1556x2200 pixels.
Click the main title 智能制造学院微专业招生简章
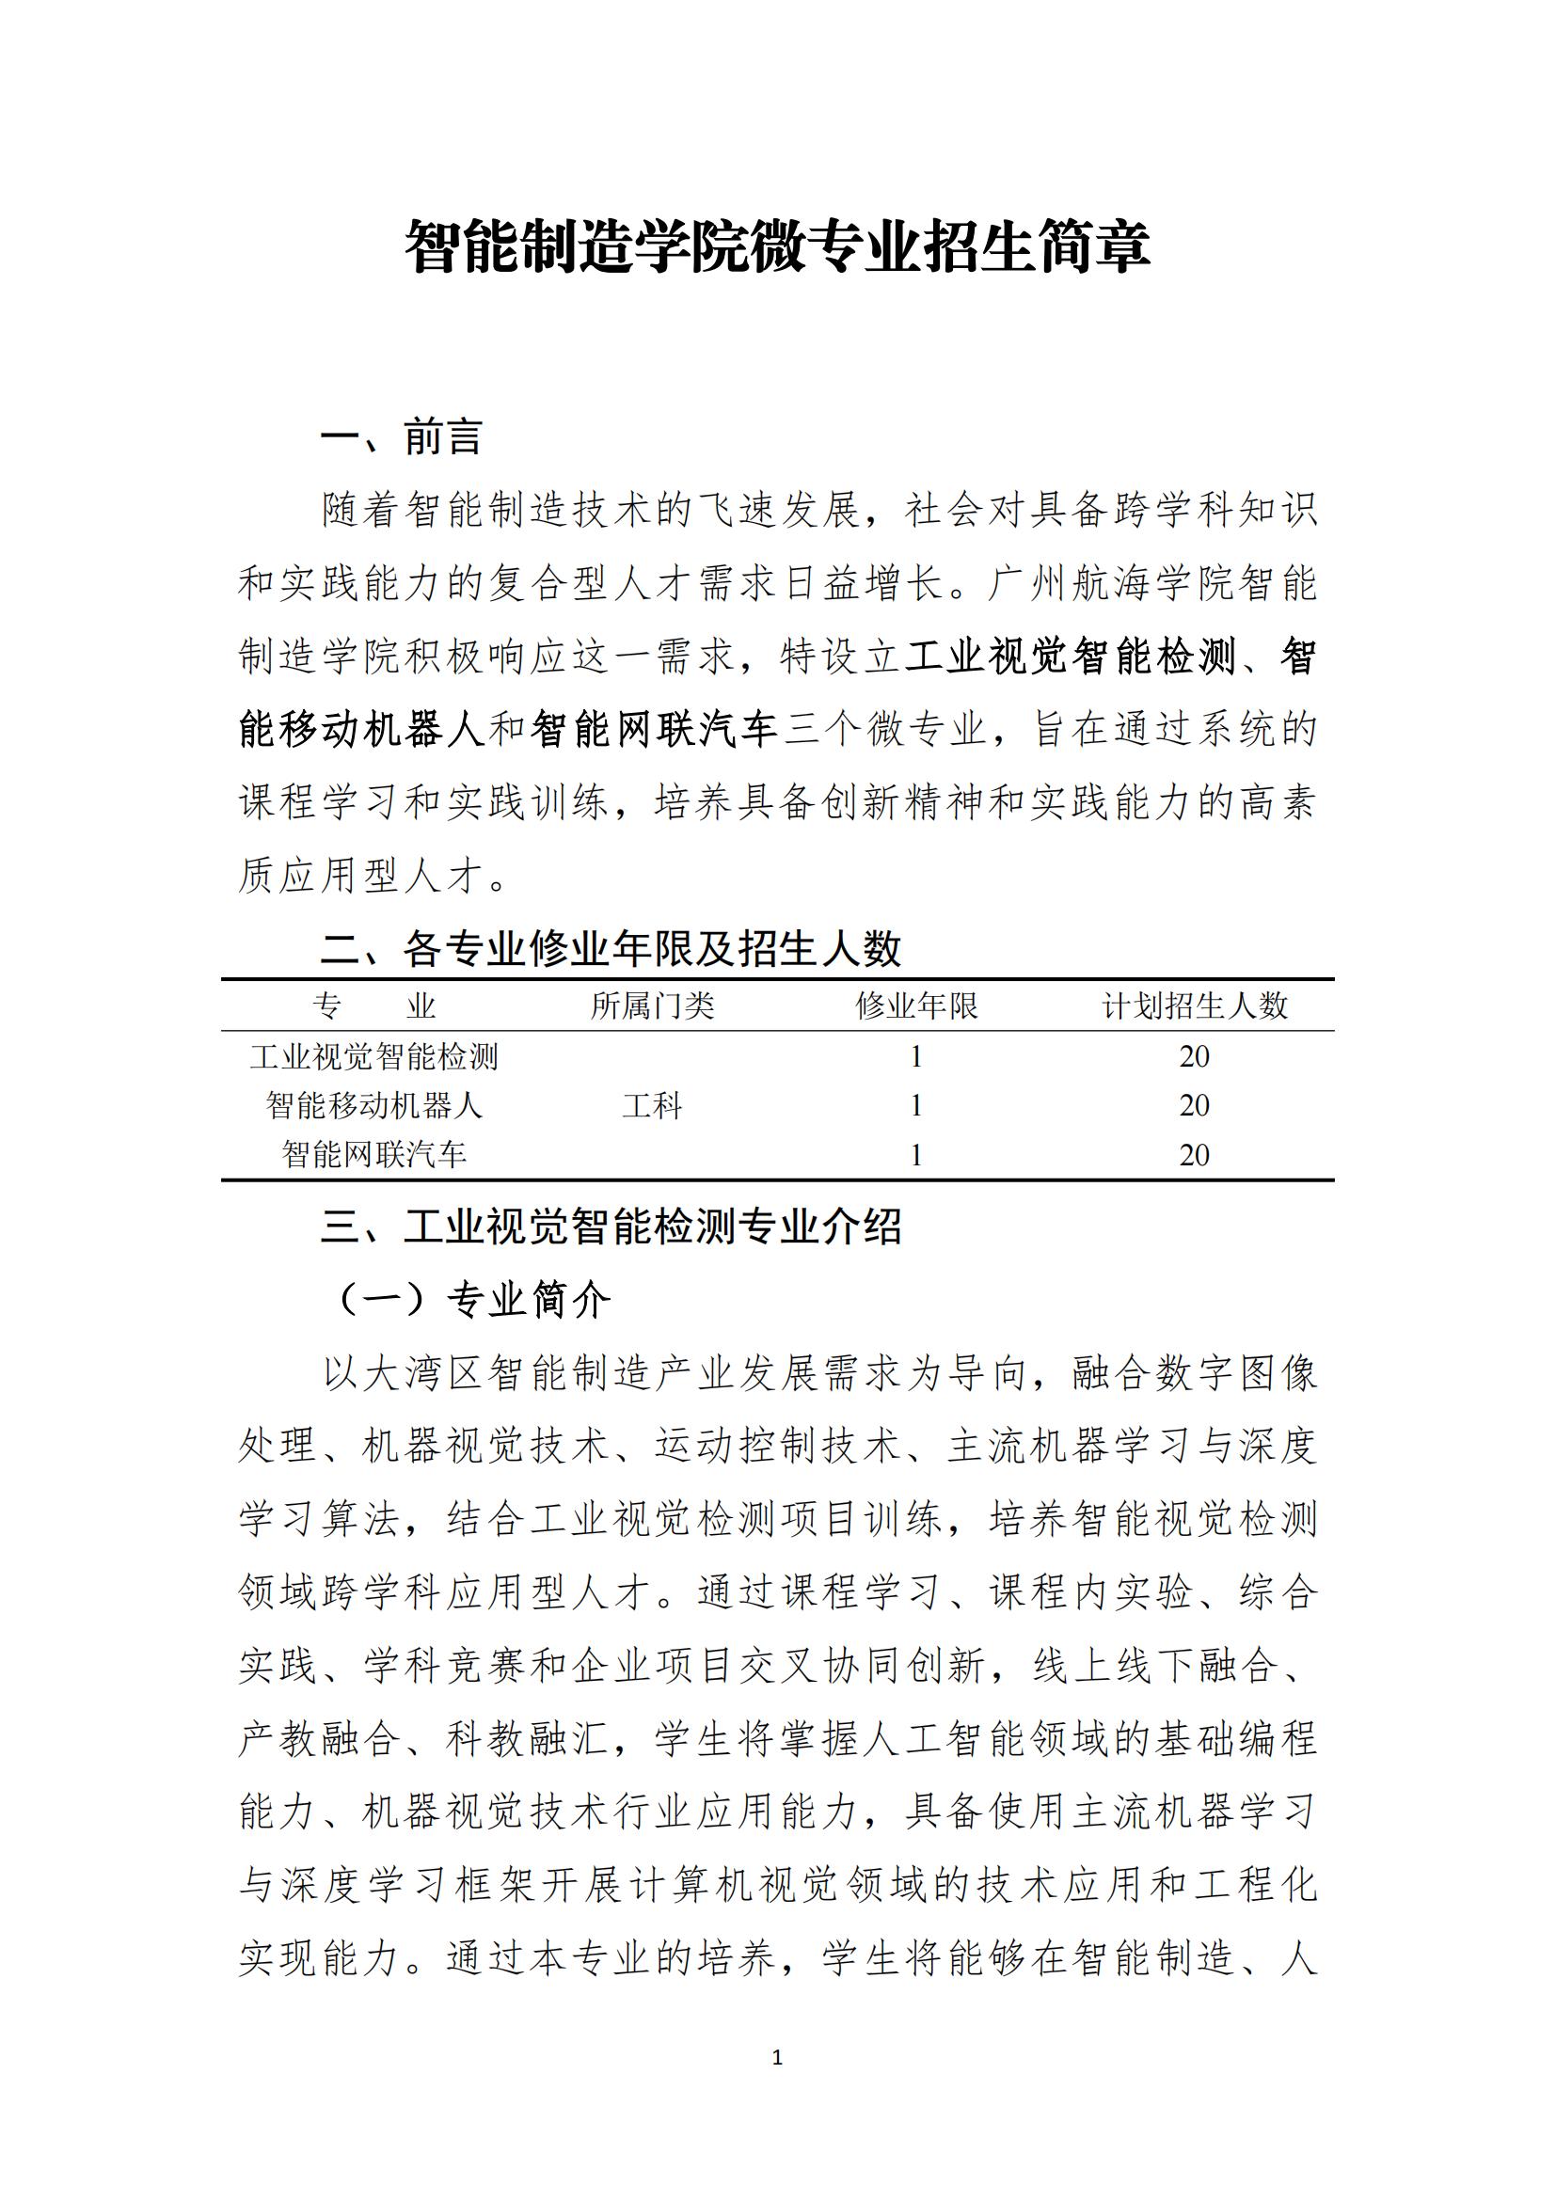[x=777, y=246]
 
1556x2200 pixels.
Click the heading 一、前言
[x=401, y=437]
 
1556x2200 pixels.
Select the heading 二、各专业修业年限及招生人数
[x=611, y=949]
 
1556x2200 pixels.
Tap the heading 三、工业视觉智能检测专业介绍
[x=611, y=1227]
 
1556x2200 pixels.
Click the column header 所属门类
[x=653, y=1005]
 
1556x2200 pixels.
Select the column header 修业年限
[x=916, y=1005]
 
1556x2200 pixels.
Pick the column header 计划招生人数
[x=1194, y=1005]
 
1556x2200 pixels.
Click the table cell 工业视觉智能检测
[x=373, y=1057]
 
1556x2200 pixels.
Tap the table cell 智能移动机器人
[x=373, y=1106]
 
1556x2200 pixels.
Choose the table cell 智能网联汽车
[x=373, y=1155]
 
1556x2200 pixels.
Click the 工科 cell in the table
[x=653, y=1106]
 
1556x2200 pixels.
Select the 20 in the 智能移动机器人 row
[x=1194, y=1106]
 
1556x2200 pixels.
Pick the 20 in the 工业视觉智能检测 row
[x=1194, y=1057]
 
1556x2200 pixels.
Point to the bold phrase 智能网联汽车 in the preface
[x=654, y=730]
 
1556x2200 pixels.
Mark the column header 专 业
[x=373, y=1005]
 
